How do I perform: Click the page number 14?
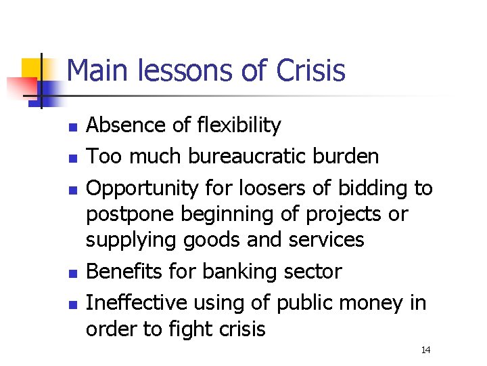tap(425, 350)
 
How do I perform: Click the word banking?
tap(236, 272)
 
